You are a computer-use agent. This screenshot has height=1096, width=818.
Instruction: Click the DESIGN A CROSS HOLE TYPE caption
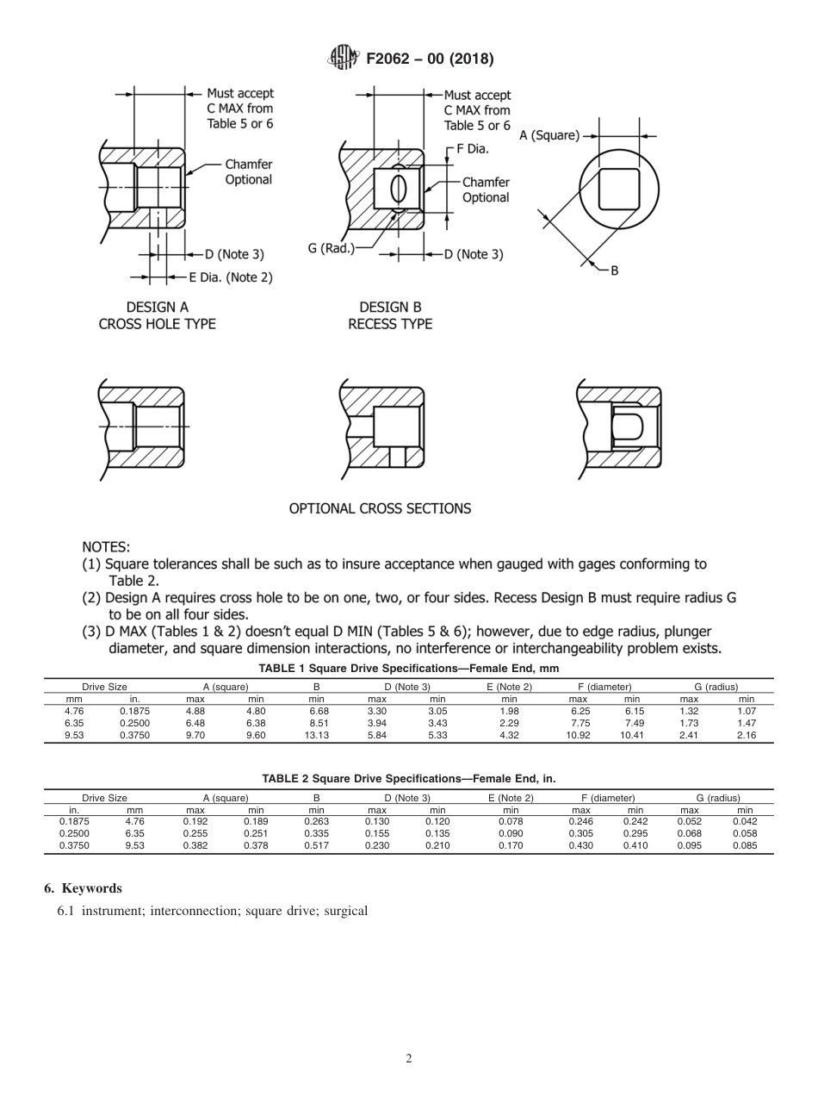158,315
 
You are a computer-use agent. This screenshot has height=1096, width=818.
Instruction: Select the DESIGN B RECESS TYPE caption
390,315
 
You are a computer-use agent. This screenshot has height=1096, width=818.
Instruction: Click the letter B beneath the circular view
614,271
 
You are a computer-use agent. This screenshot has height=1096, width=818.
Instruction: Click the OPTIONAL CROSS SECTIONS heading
380,508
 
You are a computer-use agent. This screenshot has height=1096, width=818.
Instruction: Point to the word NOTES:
106,547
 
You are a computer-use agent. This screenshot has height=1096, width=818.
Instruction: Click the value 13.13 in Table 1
316,736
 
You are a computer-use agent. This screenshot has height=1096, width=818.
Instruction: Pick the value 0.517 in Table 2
316,846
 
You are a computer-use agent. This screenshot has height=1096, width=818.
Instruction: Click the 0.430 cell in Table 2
581,846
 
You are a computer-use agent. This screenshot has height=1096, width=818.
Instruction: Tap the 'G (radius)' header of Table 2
718,799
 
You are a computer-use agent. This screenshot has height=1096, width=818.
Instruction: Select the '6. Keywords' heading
83,888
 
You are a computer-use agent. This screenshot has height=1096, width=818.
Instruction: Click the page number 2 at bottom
409,1059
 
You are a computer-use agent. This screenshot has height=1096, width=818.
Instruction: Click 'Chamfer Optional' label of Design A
248,171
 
